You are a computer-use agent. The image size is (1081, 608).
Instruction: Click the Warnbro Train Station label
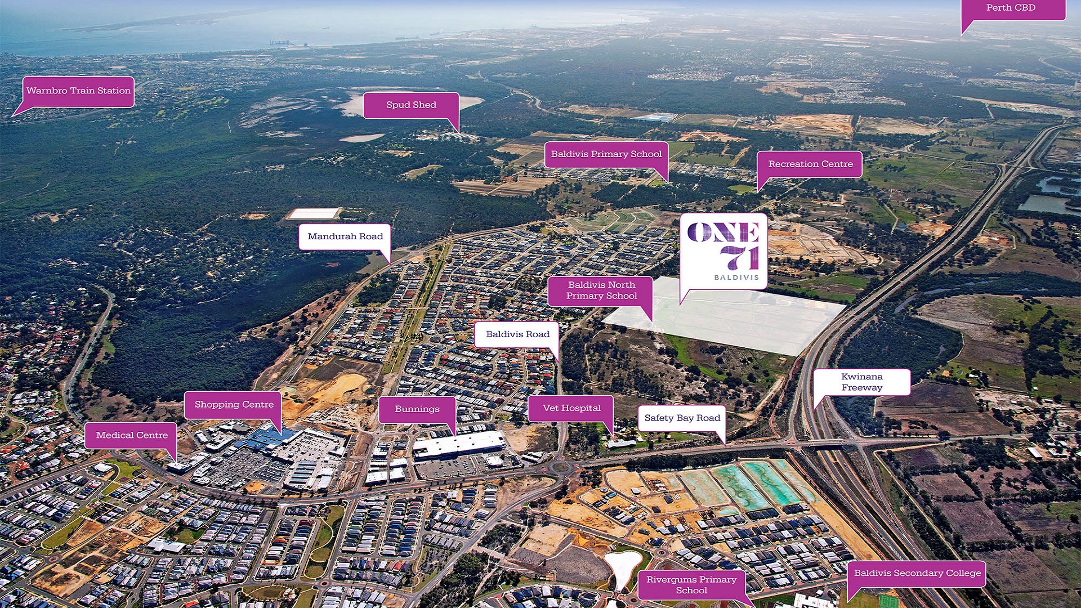point(78,91)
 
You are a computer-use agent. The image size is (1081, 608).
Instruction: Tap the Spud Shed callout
point(411,105)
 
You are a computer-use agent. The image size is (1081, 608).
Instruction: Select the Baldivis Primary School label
point(606,154)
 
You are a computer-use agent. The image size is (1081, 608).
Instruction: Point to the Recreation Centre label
point(810,164)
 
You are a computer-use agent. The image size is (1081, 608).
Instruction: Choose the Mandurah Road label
point(345,237)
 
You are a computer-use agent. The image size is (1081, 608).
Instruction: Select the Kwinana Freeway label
point(862,382)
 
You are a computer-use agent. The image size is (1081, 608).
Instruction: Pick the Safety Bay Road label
point(682,418)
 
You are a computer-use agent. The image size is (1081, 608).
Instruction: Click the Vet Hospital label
point(571,409)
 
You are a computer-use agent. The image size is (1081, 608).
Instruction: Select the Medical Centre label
point(132,436)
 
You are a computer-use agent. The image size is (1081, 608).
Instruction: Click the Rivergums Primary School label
point(691,585)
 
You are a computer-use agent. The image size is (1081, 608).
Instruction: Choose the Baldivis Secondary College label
point(917,574)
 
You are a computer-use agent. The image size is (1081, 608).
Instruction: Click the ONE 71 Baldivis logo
point(723,251)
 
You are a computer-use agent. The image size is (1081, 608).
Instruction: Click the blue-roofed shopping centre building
point(266,439)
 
